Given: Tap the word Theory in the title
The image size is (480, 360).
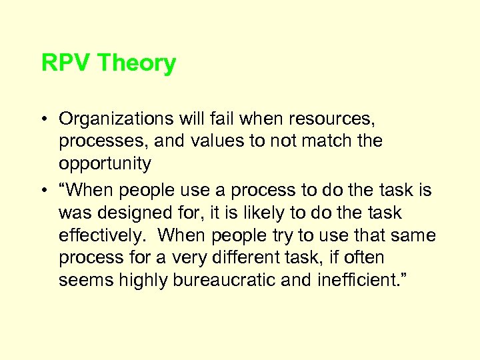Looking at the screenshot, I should [137, 64].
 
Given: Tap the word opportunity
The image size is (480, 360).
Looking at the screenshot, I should [105, 164].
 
